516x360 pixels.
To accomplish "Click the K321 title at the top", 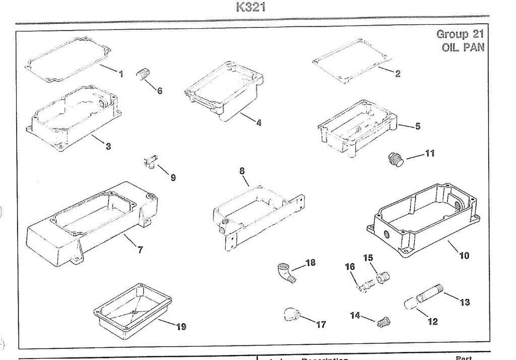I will click(x=251, y=8).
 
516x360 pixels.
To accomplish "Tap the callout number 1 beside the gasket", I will click(x=121, y=74).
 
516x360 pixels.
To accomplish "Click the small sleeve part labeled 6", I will click(x=143, y=76).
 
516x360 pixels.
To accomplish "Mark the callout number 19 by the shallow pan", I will click(x=181, y=327).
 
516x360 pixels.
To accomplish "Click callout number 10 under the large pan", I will click(x=464, y=255).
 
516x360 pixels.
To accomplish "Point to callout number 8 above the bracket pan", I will click(x=242, y=170).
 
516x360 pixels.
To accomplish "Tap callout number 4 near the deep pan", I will click(x=259, y=123).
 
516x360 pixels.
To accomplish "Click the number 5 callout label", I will click(x=418, y=126).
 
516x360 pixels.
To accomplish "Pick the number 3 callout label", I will click(x=108, y=147).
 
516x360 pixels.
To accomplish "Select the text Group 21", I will click(x=460, y=34).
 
